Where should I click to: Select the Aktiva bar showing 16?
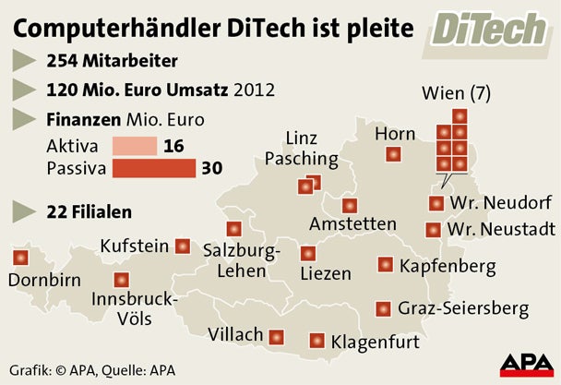(135, 147)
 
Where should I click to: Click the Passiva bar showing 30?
(153, 168)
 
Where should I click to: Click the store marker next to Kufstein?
(183, 247)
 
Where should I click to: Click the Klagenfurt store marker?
(317, 340)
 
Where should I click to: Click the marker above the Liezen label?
(307, 252)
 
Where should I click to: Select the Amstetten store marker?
(349, 206)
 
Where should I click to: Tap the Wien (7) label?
(456, 94)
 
